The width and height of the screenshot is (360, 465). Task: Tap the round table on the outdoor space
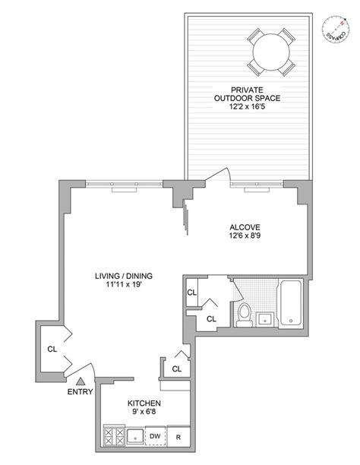pos(270,54)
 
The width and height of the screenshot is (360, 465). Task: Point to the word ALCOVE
pos(246,226)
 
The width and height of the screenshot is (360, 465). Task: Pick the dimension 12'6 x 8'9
pos(246,237)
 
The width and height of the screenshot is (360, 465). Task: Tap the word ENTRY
pos(80,392)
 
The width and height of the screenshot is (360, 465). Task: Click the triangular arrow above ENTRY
pos(81,380)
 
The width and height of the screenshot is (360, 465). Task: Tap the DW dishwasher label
pos(154,435)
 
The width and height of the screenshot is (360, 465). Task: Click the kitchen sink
pos(134,437)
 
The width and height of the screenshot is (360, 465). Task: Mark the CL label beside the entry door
pos(52,350)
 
